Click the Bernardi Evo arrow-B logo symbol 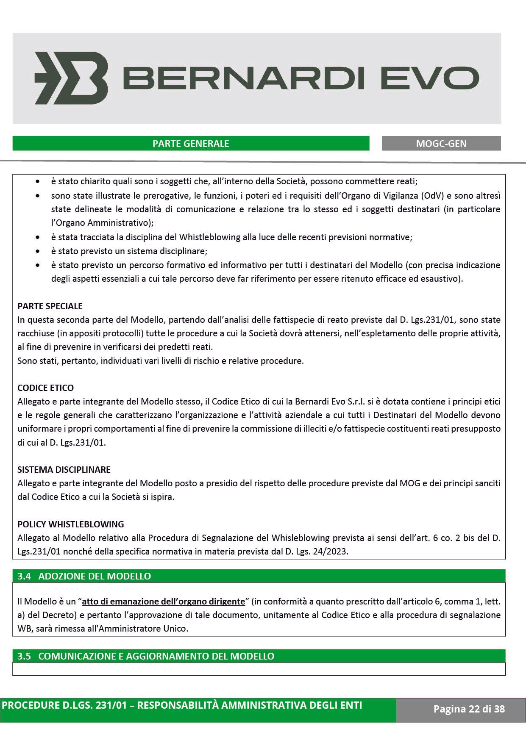[x=71, y=78]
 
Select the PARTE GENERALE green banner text [x=191, y=144]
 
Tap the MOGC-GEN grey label [x=441, y=144]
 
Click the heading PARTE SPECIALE [x=50, y=306]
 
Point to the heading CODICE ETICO [x=45, y=388]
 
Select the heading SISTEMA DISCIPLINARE [x=64, y=469]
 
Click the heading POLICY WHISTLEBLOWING [x=71, y=524]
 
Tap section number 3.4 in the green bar [x=25, y=576]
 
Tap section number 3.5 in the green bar [x=25, y=656]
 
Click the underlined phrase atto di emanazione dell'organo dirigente [x=163, y=602]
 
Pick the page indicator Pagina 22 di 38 [x=469, y=709]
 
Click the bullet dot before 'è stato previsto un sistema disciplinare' [x=38, y=251]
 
